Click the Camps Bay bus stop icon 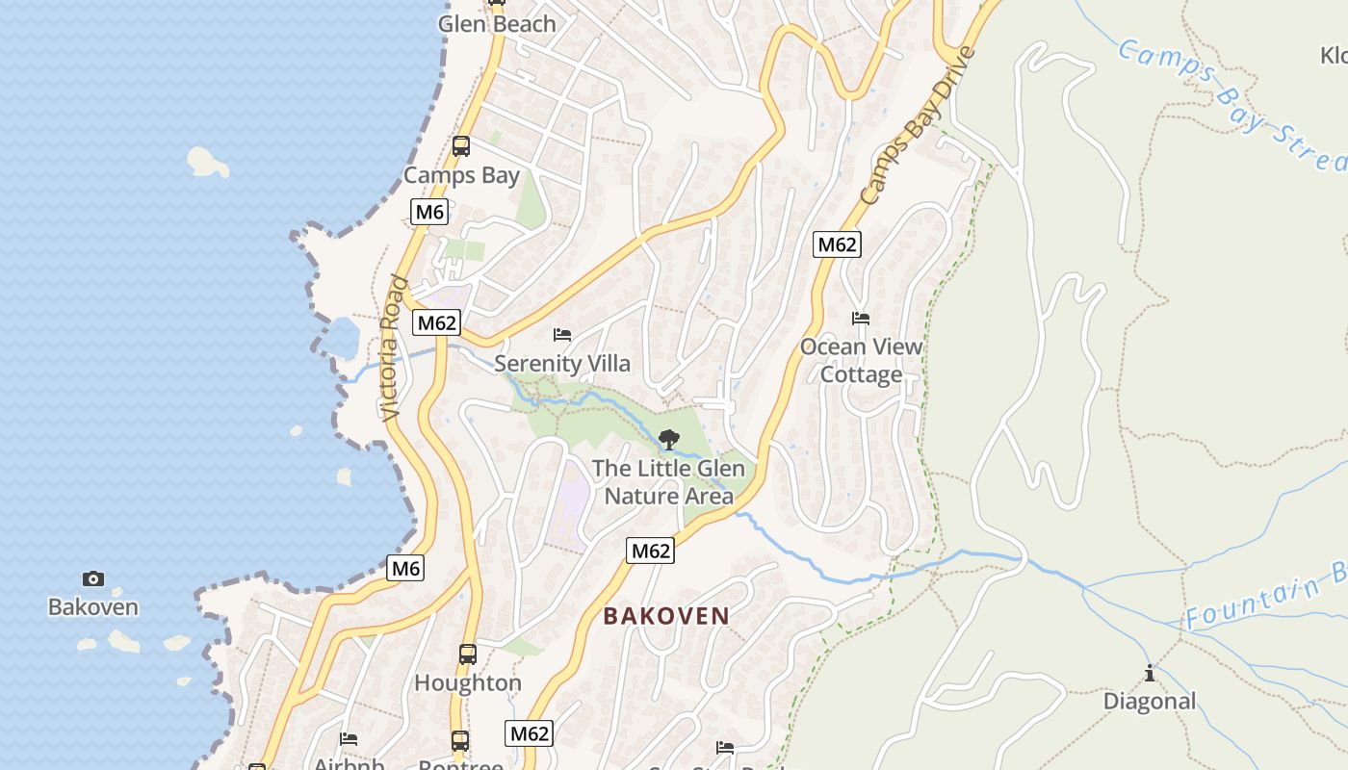[461, 146]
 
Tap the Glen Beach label [497, 24]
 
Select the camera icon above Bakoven [93, 578]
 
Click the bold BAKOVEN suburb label [666, 616]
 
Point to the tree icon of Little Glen [668, 440]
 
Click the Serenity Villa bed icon [562, 335]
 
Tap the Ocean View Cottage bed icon [861, 318]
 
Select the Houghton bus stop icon [468, 654]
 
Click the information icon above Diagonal [1149, 673]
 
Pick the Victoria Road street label [392, 348]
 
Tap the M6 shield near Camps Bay [429, 212]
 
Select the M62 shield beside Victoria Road [437, 322]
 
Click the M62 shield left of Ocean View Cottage [837, 244]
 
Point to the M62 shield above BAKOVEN [651, 551]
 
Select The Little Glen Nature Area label [668, 482]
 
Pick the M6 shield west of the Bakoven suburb [405, 569]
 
